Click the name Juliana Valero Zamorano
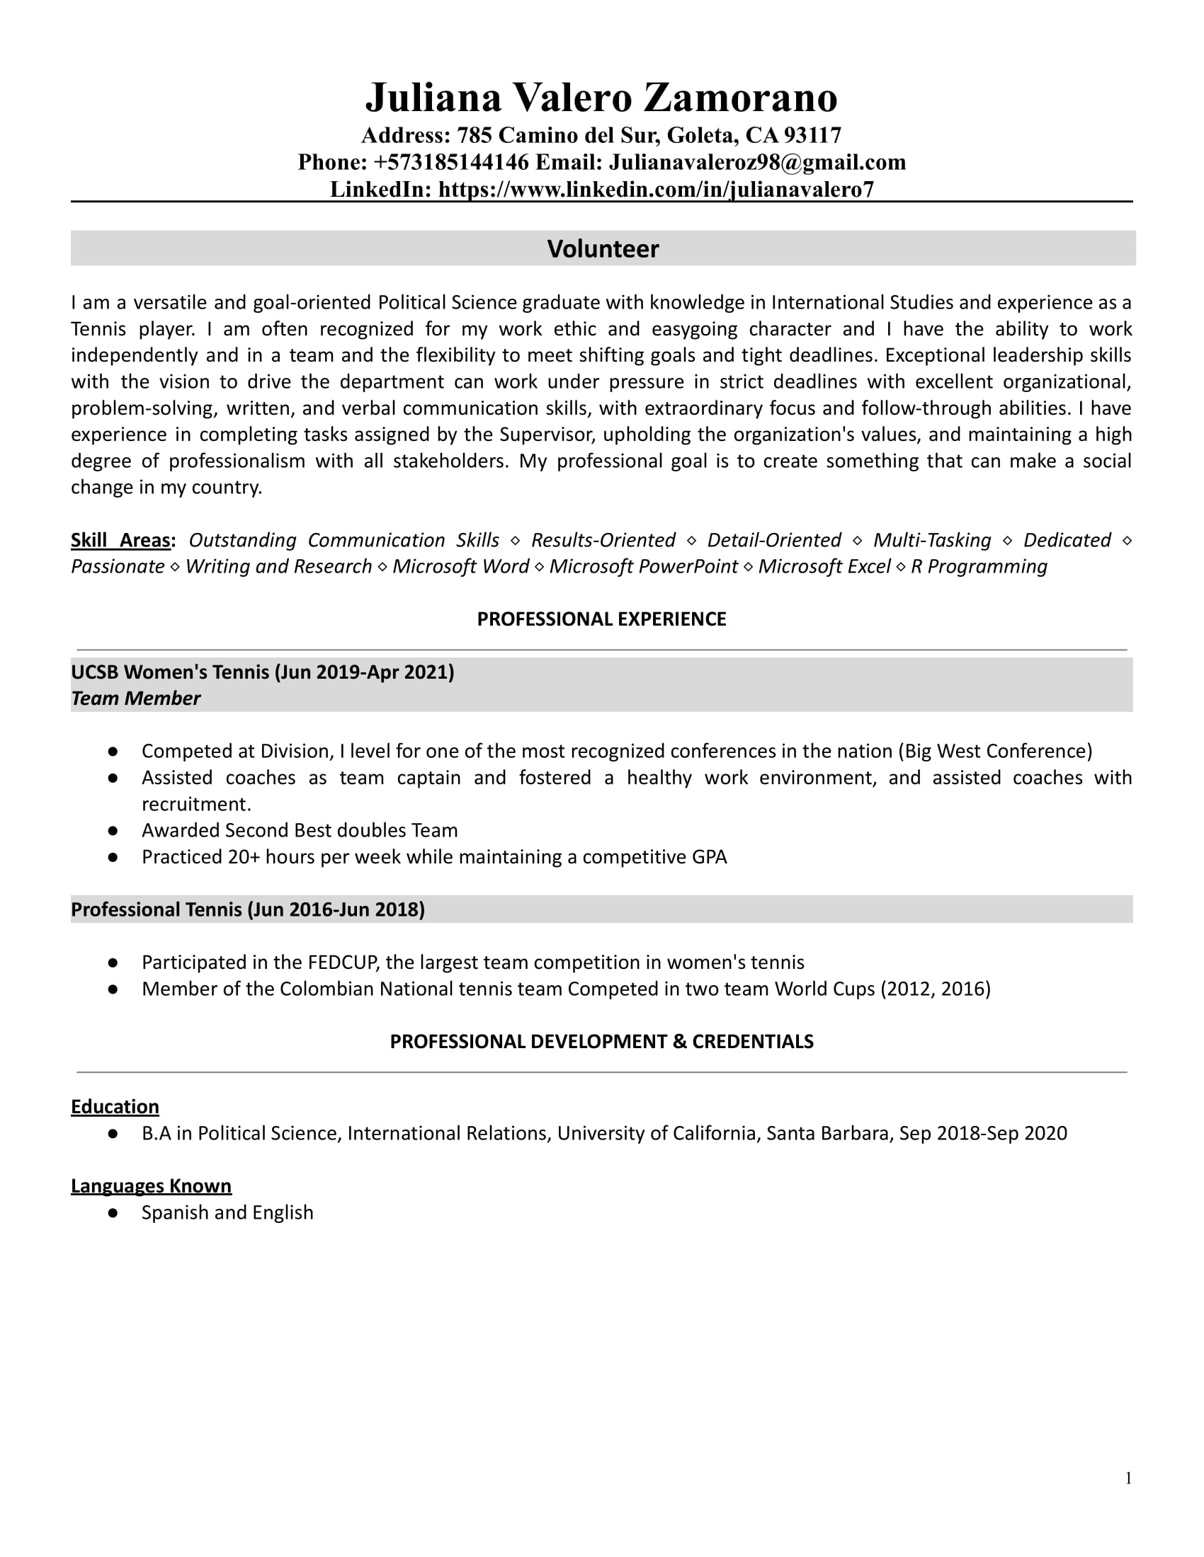click(x=601, y=98)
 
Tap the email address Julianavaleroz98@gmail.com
click(x=757, y=163)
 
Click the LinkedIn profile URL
click(x=656, y=190)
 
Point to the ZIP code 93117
click(x=812, y=135)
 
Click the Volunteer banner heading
click(x=603, y=249)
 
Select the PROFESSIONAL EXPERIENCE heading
click(x=601, y=619)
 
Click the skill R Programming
click(x=979, y=566)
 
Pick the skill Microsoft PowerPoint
click(x=643, y=566)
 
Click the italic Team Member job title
click(x=135, y=698)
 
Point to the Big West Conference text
click(x=995, y=751)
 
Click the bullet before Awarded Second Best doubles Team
click(x=113, y=831)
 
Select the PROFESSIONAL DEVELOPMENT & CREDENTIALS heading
click(x=601, y=1042)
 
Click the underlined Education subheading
click(x=115, y=1106)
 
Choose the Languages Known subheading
click(x=152, y=1185)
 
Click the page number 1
click(x=1128, y=1478)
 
